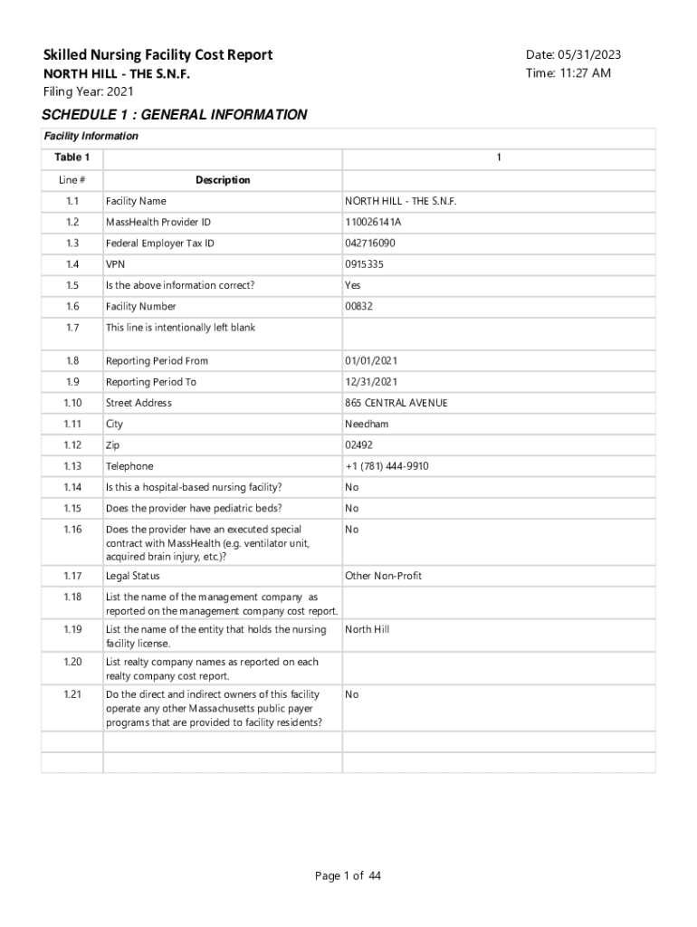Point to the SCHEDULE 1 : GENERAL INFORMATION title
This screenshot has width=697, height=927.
(175, 115)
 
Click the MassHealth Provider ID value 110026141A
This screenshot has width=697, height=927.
(373, 222)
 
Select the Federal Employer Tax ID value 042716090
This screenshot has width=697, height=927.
(370, 244)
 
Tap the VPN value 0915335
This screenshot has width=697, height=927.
(364, 264)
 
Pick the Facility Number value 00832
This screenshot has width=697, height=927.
(358, 307)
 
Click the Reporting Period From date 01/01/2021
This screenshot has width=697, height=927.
(370, 361)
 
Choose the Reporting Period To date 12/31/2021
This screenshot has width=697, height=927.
(370, 382)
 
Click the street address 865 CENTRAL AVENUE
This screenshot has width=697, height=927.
(396, 403)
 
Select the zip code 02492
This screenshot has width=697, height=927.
(358, 445)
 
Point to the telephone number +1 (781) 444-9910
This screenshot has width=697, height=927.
(387, 466)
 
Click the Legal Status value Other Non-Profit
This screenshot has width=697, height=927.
(383, 576)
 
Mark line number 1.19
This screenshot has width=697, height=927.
(72, 629)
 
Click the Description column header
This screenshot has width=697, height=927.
(223, 180)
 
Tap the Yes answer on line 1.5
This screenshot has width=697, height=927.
(353, 285)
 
